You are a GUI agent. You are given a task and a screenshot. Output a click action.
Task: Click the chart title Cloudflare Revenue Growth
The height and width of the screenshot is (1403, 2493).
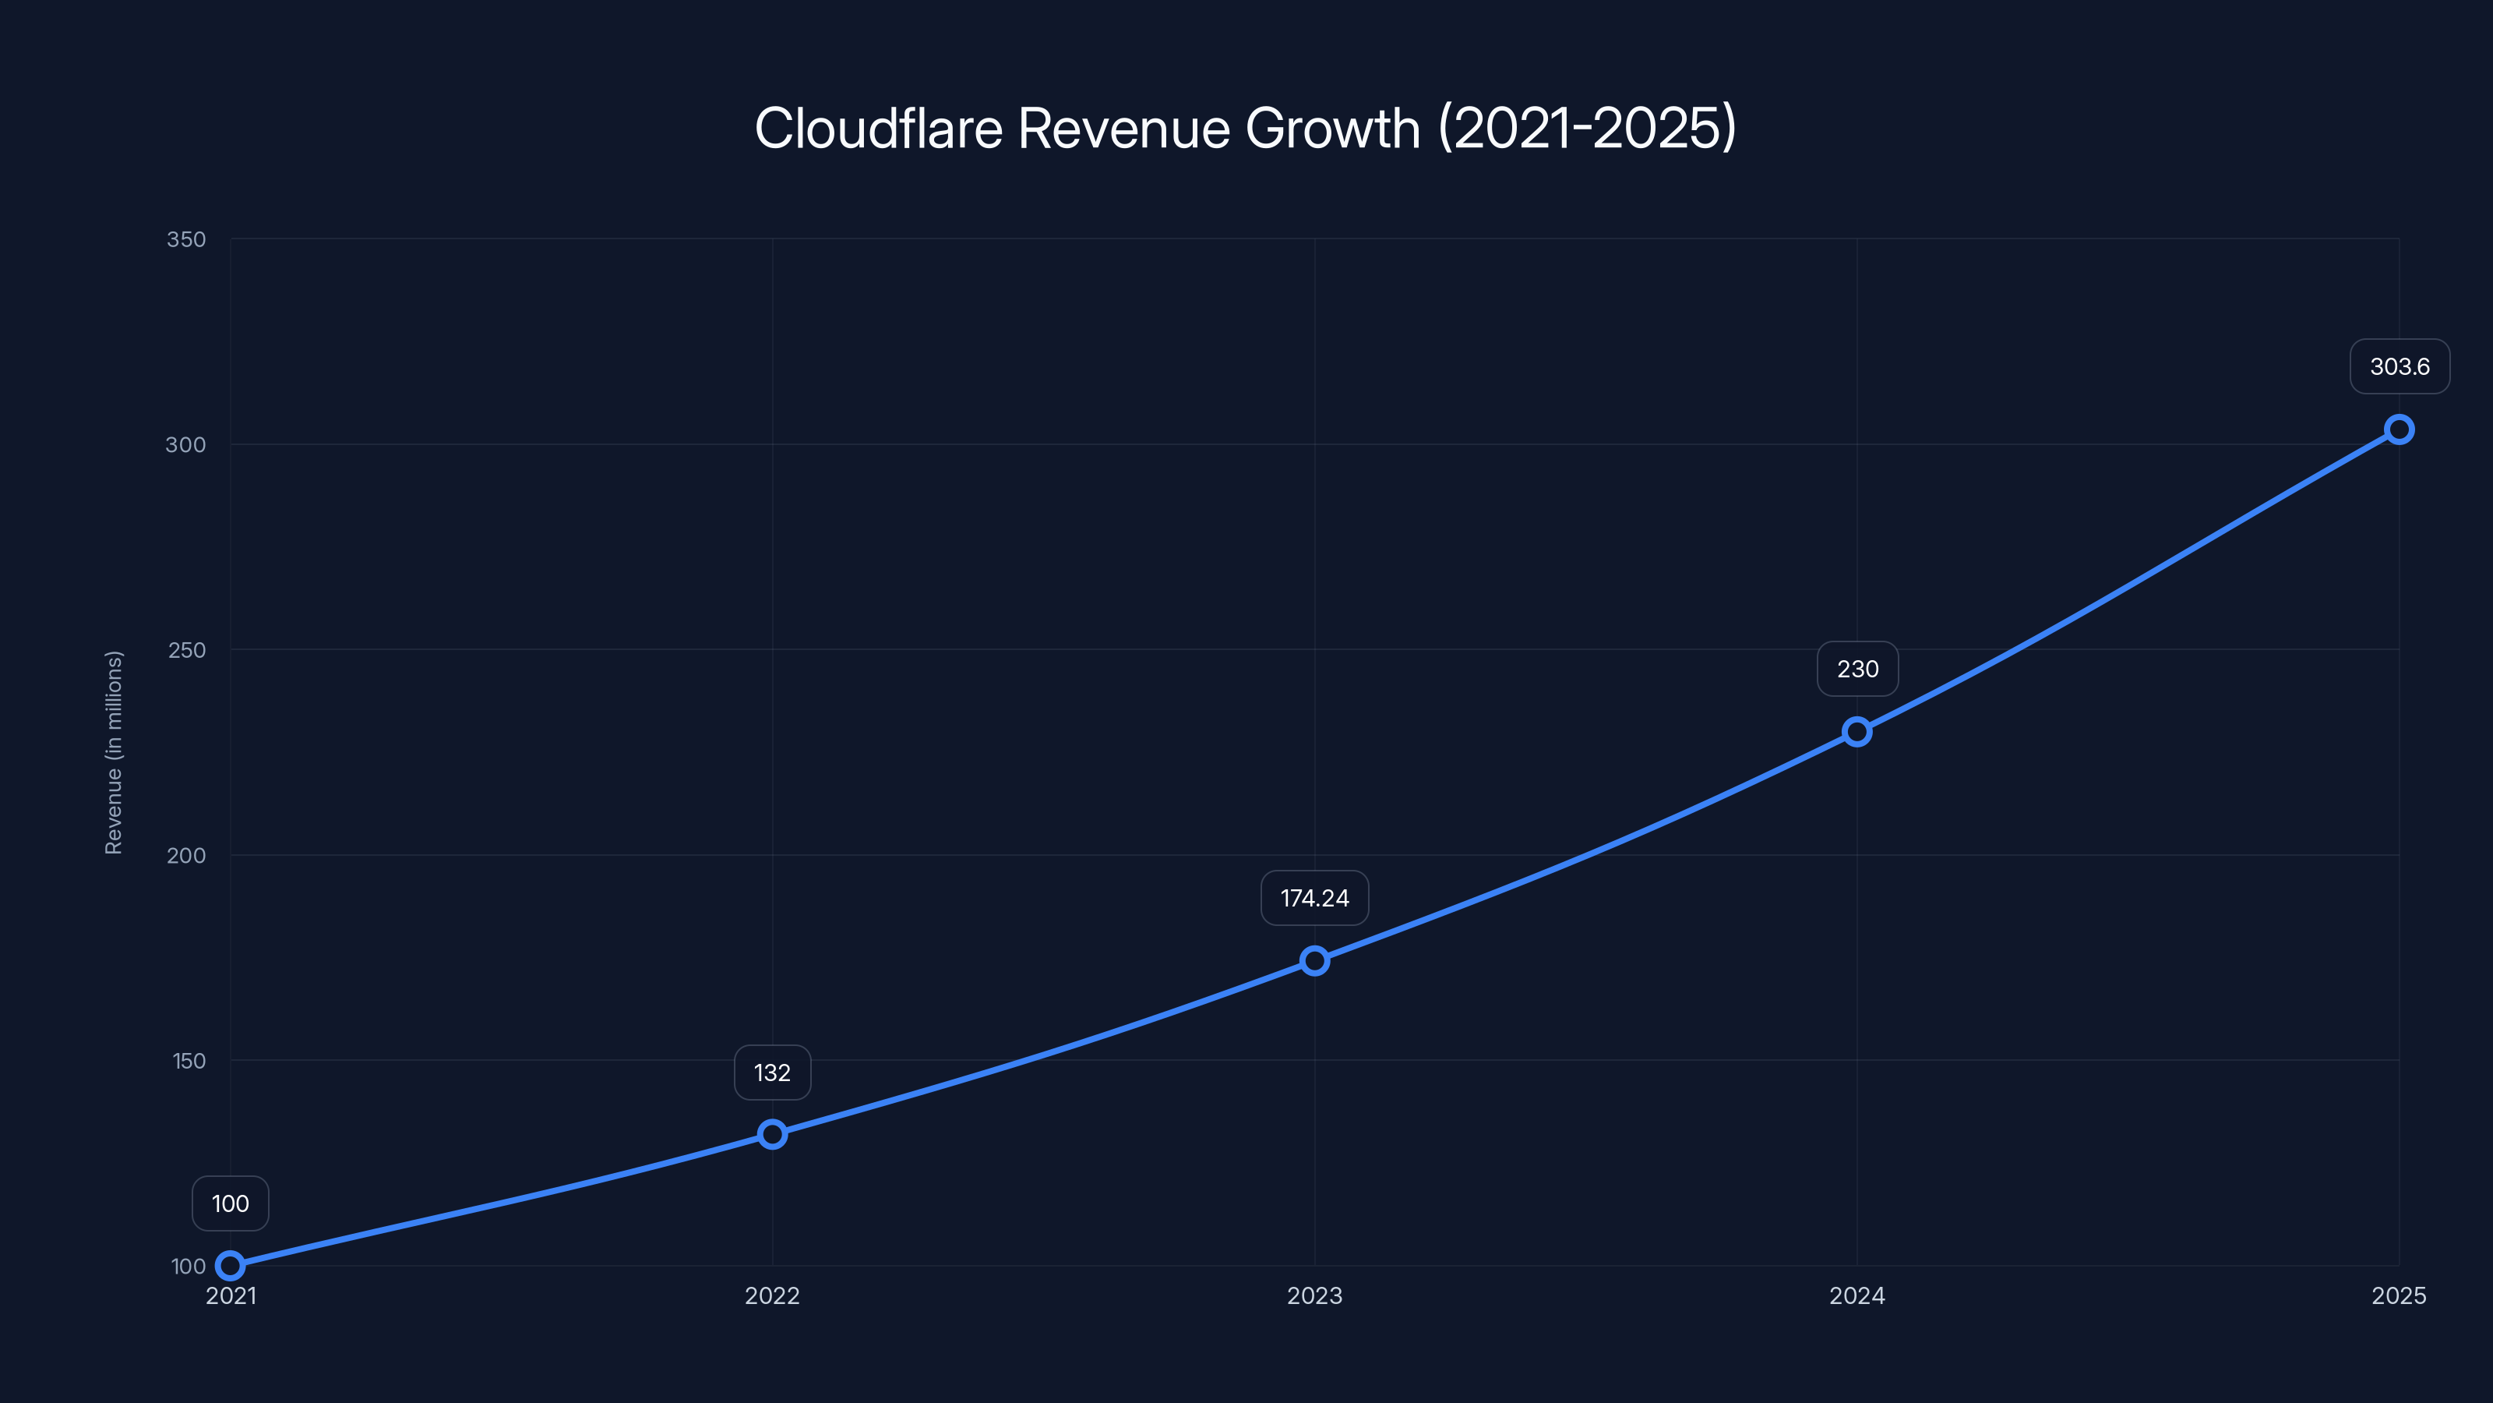(x=1246, y=128)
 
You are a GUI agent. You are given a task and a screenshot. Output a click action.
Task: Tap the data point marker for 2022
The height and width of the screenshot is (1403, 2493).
(x=772, y=1134)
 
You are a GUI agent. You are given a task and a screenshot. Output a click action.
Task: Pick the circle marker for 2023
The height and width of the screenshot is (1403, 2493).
(x=1314, y=960)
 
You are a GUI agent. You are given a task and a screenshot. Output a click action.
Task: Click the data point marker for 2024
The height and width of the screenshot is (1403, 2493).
(x=1857, y=731)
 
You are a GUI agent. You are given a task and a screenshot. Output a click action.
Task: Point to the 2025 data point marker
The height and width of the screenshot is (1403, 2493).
(x=2398, y=429)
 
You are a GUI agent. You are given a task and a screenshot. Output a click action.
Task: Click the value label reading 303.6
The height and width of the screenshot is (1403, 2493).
(x=2400, y=367)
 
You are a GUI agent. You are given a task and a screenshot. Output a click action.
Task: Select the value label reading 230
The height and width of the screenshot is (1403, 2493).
(x=1857, y=669)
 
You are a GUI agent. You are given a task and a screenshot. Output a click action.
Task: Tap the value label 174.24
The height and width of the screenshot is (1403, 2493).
(x=1314, y=899)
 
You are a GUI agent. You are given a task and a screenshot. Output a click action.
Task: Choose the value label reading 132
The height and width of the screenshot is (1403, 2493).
(x=772, y=1073)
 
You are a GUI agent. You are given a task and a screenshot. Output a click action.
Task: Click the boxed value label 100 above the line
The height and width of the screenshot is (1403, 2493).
(x=231, y=1203)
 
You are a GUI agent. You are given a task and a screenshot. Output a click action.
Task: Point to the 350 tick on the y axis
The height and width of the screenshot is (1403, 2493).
(x=186, y=239)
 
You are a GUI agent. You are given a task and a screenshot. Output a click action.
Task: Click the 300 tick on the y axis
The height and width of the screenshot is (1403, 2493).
(x=186, y=444)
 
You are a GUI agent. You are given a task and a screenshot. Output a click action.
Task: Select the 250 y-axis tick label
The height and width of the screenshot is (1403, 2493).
(x=187, y=650)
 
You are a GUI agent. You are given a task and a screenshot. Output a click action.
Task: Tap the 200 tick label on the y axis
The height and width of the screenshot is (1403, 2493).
(x=186, y=855)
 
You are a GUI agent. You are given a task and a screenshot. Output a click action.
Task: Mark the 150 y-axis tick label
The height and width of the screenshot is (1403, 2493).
(x=189, y=1060)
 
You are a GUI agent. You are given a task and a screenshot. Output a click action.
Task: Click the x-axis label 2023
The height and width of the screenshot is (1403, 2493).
(x=1314, y=1295)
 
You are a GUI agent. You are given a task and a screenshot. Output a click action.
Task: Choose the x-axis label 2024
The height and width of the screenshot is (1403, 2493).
(x=1857, y=1295)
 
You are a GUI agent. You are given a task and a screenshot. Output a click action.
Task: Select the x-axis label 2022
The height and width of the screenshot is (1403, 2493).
(x=772, y=1295)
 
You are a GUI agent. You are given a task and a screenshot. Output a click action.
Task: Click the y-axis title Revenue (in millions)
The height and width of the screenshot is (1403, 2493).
(x=115, y=752)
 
